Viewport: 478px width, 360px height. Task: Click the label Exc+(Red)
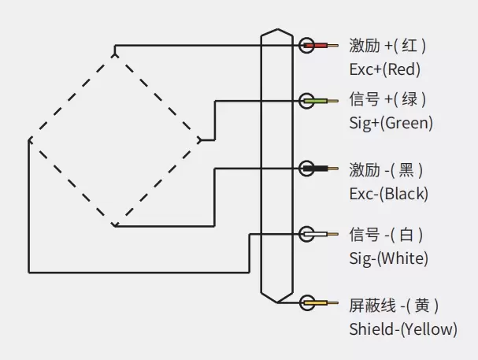[385, 69]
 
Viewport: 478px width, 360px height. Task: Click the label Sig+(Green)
[391, 123]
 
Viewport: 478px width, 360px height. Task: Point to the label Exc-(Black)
[388, 193]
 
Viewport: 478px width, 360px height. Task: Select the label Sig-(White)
[388, 258]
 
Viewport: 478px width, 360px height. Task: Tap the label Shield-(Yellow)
[402, 329]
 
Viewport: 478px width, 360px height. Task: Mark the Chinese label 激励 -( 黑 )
[386, 169]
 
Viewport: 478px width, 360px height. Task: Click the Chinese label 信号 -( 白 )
[386, 235]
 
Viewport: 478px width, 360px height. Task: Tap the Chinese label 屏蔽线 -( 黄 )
[394, 305]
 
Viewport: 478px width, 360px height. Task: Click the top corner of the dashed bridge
[115, 54]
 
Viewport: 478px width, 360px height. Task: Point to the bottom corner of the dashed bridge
[115, 225]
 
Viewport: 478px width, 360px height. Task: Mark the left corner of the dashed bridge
[30, 140]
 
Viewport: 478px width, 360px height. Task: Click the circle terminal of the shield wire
[306, 302]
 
